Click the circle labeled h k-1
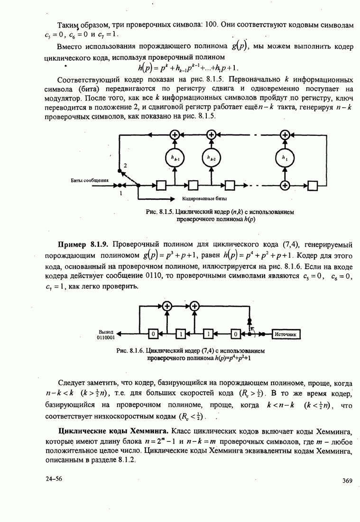click(x=175, y=157)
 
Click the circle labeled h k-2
click(x=212, y=157)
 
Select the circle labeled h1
click(x=285, y=157)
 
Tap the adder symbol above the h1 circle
click(x=285, y=135)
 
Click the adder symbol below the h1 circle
click(x=285, y=185)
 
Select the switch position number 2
click(x=126, y=165)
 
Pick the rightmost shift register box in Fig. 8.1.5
click(x=313, y=185)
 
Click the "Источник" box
click(x=286, y=334)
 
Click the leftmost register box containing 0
click(x=153, y=334)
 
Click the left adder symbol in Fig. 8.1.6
click(x=166, y=307)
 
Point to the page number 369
click(x=347, y=481)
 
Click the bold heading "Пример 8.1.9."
click(x=83, y=245)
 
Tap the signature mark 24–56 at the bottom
click(x=54, y=478)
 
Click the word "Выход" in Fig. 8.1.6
click(x=106, y=331)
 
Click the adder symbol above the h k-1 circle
click(x=175, y=135)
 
